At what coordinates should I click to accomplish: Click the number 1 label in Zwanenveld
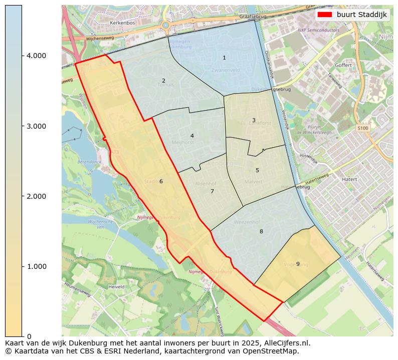click(x=224, y=58)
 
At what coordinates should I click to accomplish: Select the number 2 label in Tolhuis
click(x=163, y=81)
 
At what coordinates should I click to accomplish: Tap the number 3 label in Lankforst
click(x=254, y=120)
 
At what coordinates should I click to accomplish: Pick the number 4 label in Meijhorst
click(x=192, y=136)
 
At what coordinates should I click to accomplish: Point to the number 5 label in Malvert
click(x=257, y=170)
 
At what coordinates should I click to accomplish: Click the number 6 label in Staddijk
click(x=161, y=181)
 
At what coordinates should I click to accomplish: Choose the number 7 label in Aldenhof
click(x=212, y=192)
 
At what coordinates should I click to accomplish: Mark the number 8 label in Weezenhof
click(x=261, y=231)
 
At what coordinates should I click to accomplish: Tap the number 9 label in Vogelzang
click(x=298, y=264)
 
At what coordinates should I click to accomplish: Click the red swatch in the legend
click(x=325, y=15)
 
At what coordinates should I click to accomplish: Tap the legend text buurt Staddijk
click(x=361, y=15)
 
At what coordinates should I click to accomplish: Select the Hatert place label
click(x=349, y=179)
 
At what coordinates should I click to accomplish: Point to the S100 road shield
click(x=362, y=129)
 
